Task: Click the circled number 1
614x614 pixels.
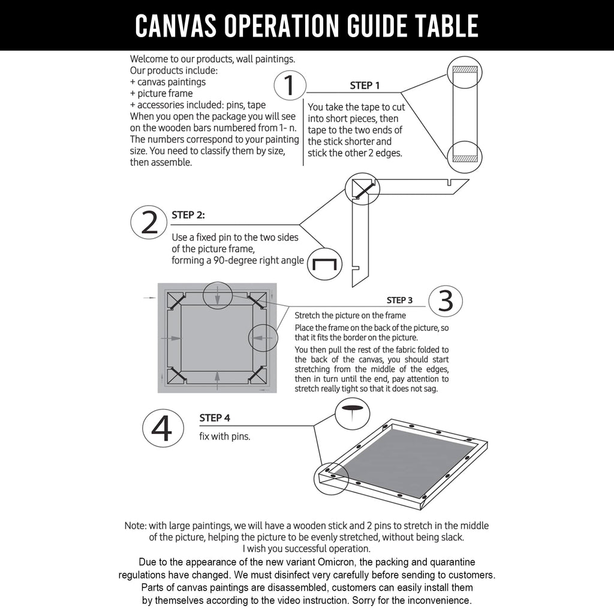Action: coord(290,86)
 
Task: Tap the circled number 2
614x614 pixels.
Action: coord(148,222)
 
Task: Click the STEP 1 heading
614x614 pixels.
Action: coord(365,86)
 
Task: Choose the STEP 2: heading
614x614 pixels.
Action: coord(188,215)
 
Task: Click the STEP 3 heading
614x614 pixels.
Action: coord(399,300)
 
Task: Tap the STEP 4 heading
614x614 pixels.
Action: coord(215,418)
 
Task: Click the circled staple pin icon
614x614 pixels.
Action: coord(325,264)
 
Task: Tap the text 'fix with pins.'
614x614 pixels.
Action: coord(225,437)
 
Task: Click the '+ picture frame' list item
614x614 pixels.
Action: coord(161,93)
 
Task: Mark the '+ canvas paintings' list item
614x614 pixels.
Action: coord(168,82)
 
